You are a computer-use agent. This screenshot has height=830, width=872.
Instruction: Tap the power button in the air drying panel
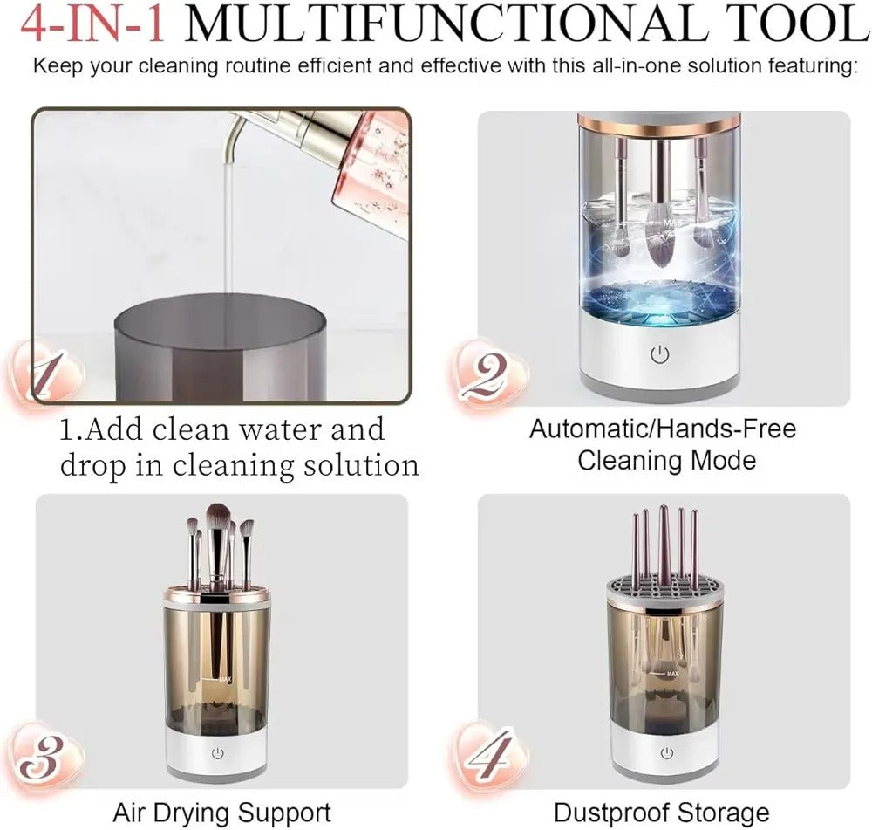coord(215,753)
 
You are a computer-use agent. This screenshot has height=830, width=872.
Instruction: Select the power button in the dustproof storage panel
coord(666,753)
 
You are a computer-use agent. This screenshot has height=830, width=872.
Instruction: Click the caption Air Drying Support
coord(221,813)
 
